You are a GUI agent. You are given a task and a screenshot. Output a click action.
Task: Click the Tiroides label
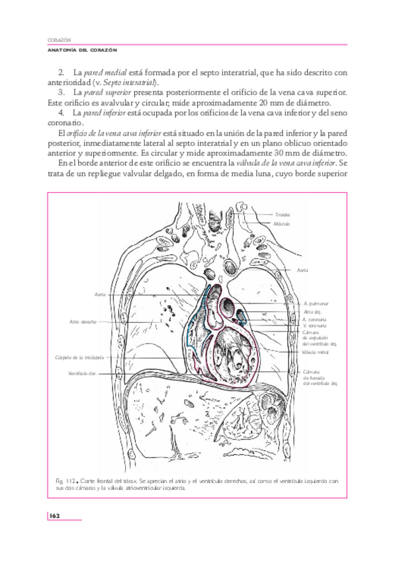tap(283, 215)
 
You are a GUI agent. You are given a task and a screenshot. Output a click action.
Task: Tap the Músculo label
tap(283, 223)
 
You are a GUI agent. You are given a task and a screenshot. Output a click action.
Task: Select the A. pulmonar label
tap(316, 303)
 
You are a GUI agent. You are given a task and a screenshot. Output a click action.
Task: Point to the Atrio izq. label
tap(312, 311)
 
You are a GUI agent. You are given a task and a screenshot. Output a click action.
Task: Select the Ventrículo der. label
tap(82, 373)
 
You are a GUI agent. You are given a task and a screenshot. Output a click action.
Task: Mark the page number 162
tap(55, 515)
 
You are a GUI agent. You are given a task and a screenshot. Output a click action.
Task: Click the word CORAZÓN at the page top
tap(60, 40)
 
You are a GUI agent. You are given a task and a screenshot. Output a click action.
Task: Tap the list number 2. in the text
tap(62, 72)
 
